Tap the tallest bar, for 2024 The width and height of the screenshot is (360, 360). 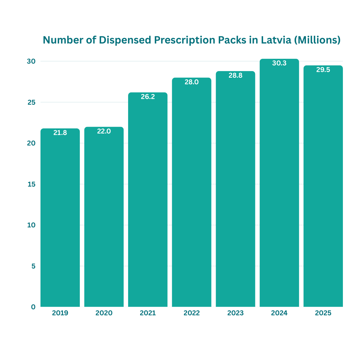pos(279,183)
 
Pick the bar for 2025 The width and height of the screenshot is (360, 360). pos(323,186)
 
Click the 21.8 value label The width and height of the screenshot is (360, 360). pos(60,133)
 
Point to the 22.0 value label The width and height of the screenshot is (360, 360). pos(104,131)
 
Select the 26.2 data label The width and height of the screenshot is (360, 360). pos(148,97)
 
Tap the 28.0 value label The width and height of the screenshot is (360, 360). pos(191,82)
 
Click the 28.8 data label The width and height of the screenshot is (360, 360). pos(235,75)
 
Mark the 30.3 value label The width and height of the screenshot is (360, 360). pos(279,63)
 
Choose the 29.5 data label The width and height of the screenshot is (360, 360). pos(323,70)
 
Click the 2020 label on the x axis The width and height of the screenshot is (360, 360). pos(104,313)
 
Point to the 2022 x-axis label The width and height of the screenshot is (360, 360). pos(191,313)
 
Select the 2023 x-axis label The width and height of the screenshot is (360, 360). pos(235,313)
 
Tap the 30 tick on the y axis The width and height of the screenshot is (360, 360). pos(31,61)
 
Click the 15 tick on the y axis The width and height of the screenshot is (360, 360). pos(31,184)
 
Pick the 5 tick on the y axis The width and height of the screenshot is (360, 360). pos(33,266)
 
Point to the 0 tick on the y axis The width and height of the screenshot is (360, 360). pos(33,307)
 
